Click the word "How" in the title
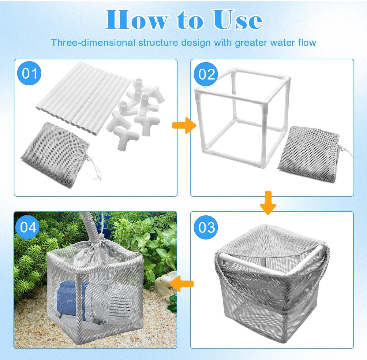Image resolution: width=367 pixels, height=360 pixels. (x=137, y=20)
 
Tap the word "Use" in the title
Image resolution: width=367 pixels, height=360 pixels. (x=238, y=20)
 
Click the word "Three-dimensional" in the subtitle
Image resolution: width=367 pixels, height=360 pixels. (x=93, y=43)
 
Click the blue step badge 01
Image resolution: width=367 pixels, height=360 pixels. (x=29, y=73)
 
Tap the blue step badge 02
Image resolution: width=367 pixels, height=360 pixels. (x=206, y=74)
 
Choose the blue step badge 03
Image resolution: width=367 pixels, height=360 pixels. (x=206, y=227)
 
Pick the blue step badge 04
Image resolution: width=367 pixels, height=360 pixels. (x=28, y=227)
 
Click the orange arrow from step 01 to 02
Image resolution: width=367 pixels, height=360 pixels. (x=184, y=125)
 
